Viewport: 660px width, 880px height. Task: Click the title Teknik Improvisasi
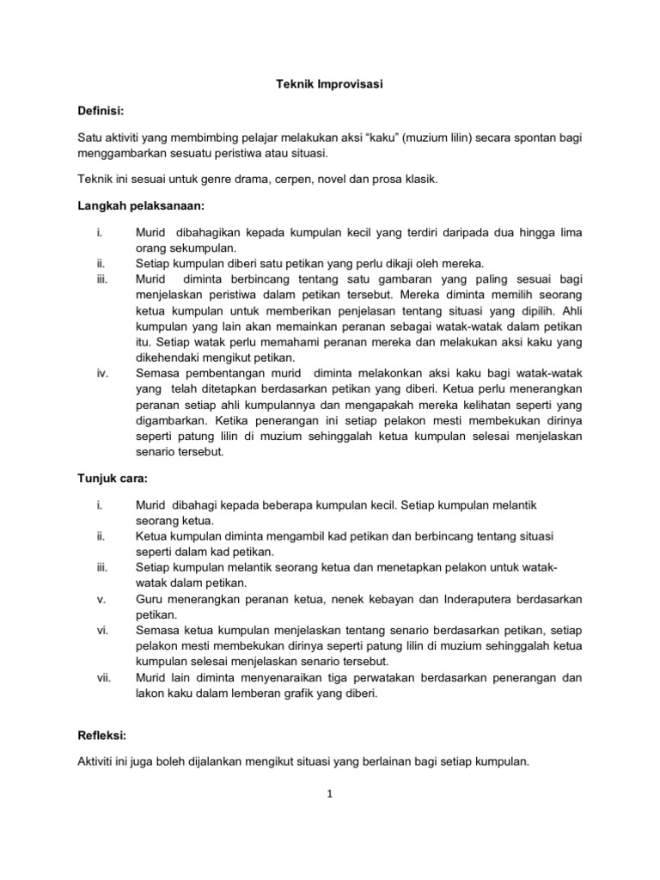[x=330, y=86]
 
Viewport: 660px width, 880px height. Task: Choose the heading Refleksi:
[x=105, y=736]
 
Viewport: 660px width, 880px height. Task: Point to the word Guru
[x=150, y=599]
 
